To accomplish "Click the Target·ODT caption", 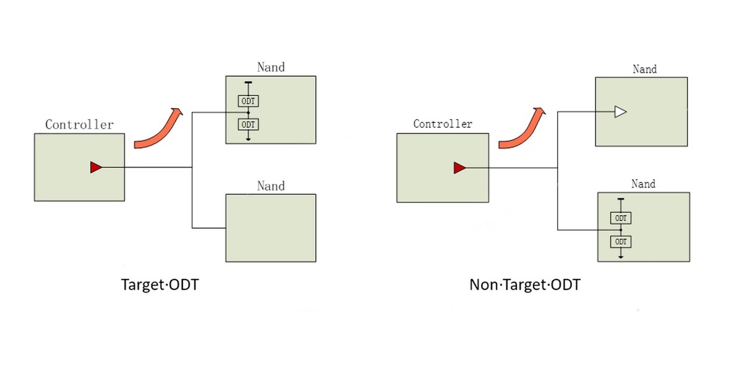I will point(160,285).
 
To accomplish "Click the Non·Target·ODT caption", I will point(525,285).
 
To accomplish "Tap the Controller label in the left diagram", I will point(80,124).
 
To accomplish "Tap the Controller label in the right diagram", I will point(443,124).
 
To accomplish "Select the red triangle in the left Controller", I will point(96,167).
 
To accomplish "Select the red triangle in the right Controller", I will point(459,168).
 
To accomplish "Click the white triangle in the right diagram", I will point(620,112).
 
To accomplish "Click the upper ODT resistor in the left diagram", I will point(248,101).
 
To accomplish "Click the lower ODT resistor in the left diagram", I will point(248,124).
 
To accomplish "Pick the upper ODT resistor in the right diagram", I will point(620,218).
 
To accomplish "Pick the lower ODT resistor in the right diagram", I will point(620,241).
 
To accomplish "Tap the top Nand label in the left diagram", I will point(271,67).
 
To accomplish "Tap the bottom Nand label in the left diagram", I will point(271,186).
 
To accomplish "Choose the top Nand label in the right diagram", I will point(644,69).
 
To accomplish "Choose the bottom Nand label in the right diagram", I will point(643,184).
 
